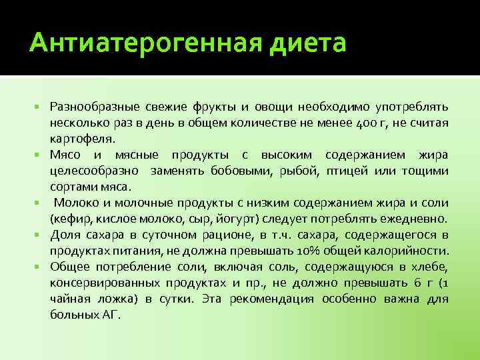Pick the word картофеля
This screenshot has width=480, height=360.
pos(81,139)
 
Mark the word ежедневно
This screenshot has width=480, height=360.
pos(413,219)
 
